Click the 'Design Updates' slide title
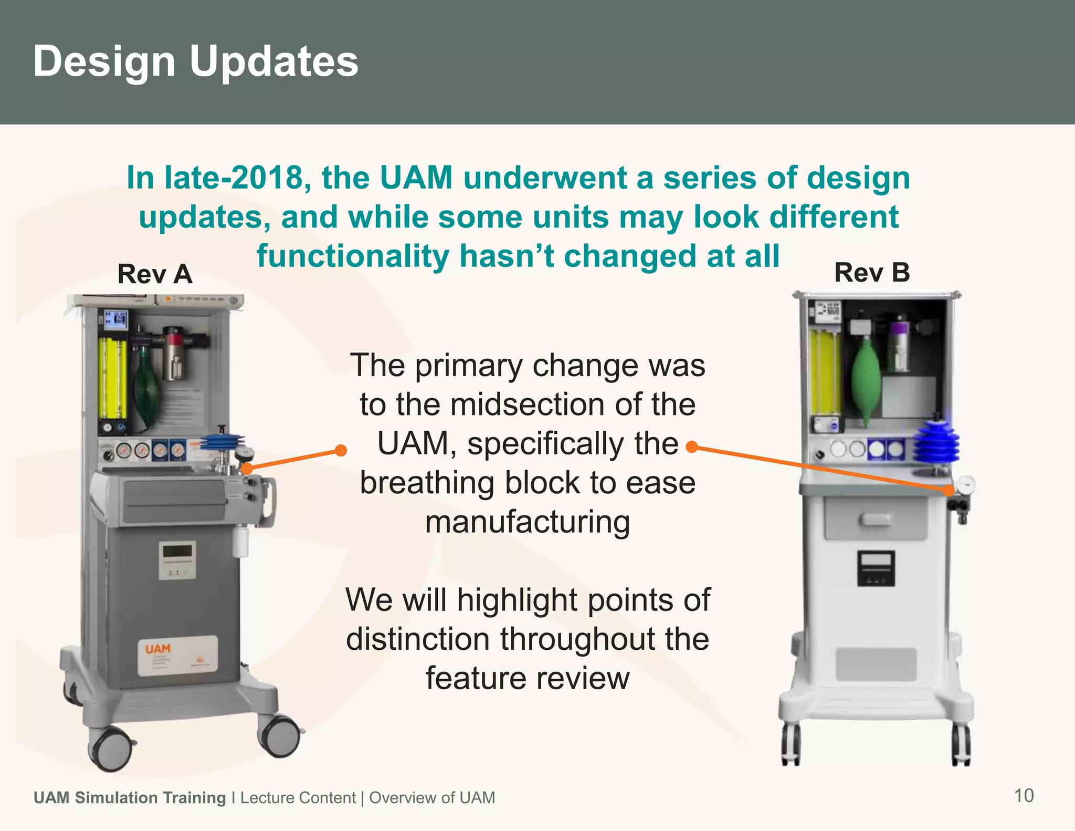pos(195,61)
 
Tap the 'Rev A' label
pos(155,274)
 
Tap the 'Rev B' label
pos(872,273)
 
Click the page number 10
pos(1024,795)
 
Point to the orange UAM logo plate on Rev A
pos(177,656)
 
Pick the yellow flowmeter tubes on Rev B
pos(825,370)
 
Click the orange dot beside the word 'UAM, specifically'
pos(341,450)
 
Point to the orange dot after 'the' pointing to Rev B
pos(692,447)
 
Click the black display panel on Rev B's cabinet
pos(876,568)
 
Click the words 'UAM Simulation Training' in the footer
pos(129,797)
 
